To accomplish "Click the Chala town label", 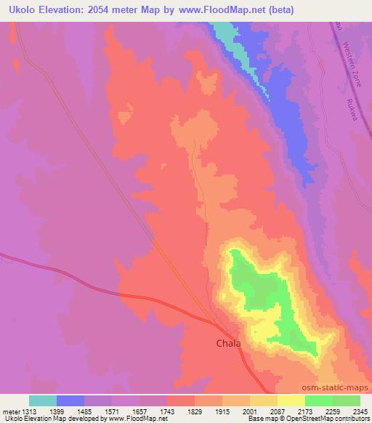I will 228,342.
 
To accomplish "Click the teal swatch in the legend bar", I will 43,400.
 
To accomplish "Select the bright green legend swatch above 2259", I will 319,400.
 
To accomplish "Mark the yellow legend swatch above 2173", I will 291,400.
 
